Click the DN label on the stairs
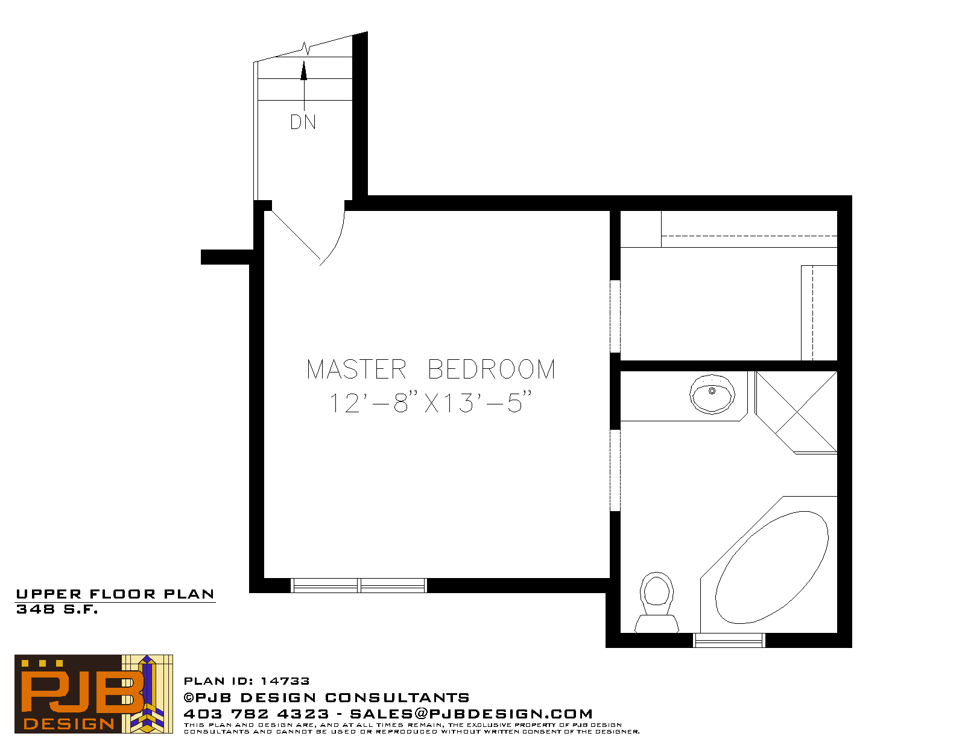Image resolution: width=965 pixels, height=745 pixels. click(303, 122)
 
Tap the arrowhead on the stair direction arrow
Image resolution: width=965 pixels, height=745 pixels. click(304, 71)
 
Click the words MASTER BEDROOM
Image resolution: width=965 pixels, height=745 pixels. click(431, 369)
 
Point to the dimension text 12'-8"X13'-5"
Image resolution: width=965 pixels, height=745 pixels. click(430, 403)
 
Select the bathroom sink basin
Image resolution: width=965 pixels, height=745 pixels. click(712, 394)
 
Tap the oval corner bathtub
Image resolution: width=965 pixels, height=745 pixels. click(771, 568)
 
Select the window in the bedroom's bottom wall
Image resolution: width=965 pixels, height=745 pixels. click(358, 585)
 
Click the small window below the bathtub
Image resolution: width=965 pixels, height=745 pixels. click(729, 640)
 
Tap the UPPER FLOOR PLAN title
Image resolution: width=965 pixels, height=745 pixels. click(115, 594)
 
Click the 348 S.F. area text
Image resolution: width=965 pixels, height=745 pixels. click(57, 609)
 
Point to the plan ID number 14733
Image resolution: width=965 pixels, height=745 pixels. click(285, 681)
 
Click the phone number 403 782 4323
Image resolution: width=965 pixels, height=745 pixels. click(256, 714)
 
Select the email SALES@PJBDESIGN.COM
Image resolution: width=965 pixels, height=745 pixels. click(471, 714)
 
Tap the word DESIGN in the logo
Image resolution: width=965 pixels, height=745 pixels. click(69, 724)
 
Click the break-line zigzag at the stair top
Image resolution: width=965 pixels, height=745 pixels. click(305, 48)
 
